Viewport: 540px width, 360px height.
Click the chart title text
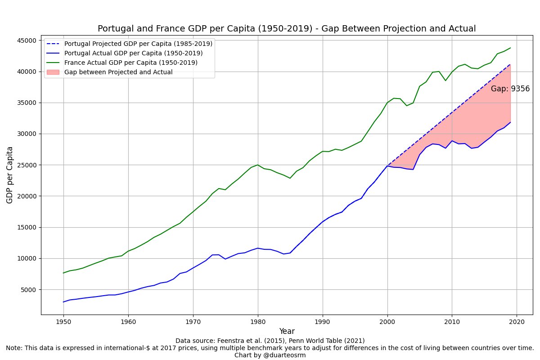(287, 29)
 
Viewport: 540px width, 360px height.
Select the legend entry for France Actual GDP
(130, 63)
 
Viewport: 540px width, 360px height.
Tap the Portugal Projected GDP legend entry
(138, 44)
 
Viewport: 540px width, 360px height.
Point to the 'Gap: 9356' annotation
(510, 89)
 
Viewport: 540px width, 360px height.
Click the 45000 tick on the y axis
(26, 40)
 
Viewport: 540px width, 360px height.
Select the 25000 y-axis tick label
(26, 165)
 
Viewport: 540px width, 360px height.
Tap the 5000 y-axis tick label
(28, 290)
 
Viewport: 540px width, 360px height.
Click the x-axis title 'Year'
(287, 331)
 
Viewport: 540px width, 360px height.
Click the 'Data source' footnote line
(270, 341)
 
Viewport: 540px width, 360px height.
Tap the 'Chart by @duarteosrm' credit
(270, 355)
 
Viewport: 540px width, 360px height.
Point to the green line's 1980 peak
(258, 165)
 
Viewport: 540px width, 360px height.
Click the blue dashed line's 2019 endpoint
(510, 64)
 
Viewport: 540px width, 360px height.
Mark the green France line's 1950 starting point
(63, 273)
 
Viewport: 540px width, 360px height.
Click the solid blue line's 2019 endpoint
(510, 122)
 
